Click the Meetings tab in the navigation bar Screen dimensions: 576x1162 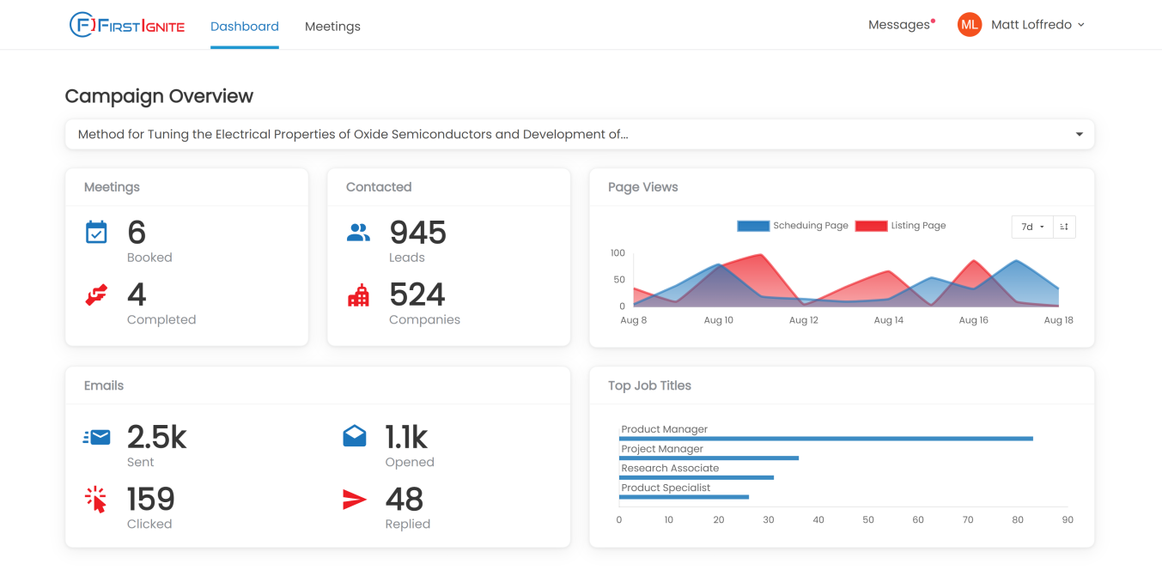click(x=332, y=27)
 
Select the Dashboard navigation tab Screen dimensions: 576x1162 click(x=245, y=27)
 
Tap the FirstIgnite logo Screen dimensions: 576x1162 click(x=127, y=25)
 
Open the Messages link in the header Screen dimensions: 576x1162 click(x=899, y=25)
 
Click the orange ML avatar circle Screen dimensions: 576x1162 click(x=970, y=25)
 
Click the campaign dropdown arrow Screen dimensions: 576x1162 click(x=1080, y=135)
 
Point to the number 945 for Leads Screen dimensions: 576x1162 click(x=418, y=233)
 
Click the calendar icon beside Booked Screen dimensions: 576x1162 click(x=96, y=233)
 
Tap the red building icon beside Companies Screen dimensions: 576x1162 click(x=358, y=295)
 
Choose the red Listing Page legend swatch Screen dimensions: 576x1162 click(x=871, y=226)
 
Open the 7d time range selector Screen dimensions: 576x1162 click(x=1031, y=227)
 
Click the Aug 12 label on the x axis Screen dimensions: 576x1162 click(x=804, y=320)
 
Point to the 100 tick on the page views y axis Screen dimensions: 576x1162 click(x=618, y=253)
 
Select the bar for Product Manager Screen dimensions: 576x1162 click(x=826, y=439)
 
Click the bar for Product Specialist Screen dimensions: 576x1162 click(x=684, y=497)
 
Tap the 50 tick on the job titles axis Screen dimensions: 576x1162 click(x=868, y=519)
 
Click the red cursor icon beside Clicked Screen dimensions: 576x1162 click(x=96, y=500)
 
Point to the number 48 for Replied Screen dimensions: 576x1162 click(x=405, y=500)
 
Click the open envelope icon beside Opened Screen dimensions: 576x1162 click(x=354, y=437)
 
